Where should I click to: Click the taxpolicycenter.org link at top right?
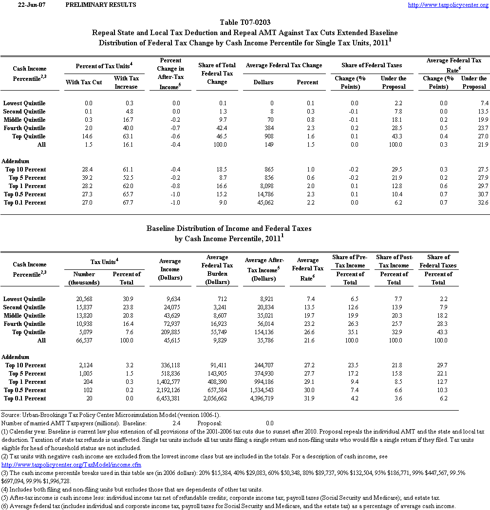(447, 5)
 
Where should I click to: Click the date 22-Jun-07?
(28, 5)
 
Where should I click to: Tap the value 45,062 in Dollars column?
(264, 203)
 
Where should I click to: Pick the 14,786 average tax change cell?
(264, 194)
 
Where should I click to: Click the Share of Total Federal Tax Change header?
(217, 74)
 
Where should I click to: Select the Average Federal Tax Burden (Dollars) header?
(217, 269)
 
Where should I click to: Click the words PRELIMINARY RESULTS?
(101, 5)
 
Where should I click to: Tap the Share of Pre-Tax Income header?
(350, 261)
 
